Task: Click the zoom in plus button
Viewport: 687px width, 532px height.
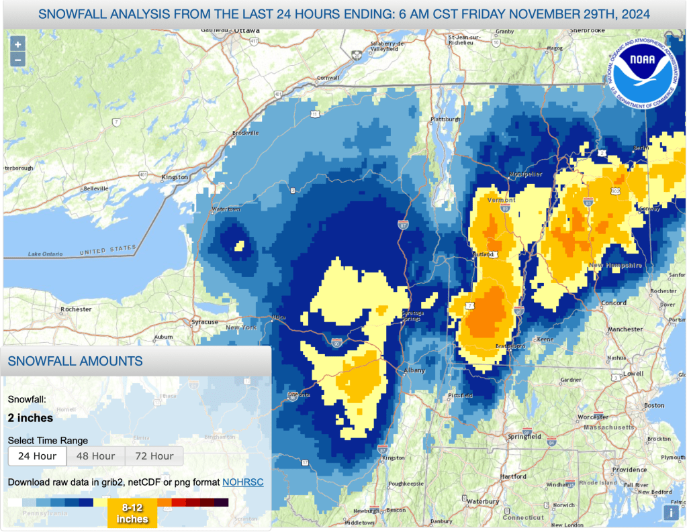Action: point(17,44)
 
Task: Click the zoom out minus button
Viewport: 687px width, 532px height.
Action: point(17,60)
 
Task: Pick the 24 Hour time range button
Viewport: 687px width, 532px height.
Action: point(37,456)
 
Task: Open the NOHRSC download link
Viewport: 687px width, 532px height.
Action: point(243,482)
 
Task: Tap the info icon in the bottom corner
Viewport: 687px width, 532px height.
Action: point(671,513)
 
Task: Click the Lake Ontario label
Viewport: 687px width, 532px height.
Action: point(45,254)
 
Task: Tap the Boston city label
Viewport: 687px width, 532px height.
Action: point(653,405)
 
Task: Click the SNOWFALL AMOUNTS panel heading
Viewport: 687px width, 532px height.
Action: point(75,361)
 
